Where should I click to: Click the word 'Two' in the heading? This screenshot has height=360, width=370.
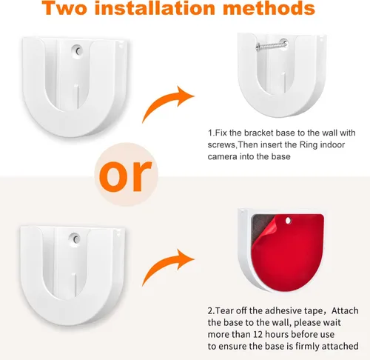pyautogui.click(x=64, y=7)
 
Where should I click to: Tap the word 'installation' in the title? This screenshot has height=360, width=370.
pyautogui.click(x=155, y=7)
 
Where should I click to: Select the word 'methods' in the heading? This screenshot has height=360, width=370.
pyautogui.click(x=269, y=7)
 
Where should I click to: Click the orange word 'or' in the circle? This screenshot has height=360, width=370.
pyautogui.click(x=126, y=176)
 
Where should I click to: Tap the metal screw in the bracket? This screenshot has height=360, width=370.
pyautogui.click(x=272, y=45)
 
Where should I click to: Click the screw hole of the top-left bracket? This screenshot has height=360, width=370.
pyautogui.click(x=78, y=51)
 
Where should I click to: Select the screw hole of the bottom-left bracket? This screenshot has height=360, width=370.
pyautogui.click(x=75, y=239)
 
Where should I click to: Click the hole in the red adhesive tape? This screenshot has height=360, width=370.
pyautogui.click(x=288, y=221)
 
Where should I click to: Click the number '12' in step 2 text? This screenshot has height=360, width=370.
pyautogui.click(x=258, y=334)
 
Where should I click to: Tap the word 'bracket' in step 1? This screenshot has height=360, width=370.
pyautogui.click(x=259, y=133)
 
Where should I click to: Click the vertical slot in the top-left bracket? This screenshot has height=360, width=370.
pyautogui.click(x=77, y=96)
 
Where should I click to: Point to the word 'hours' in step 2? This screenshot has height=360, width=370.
pyautogui.click(x=277, y=334)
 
